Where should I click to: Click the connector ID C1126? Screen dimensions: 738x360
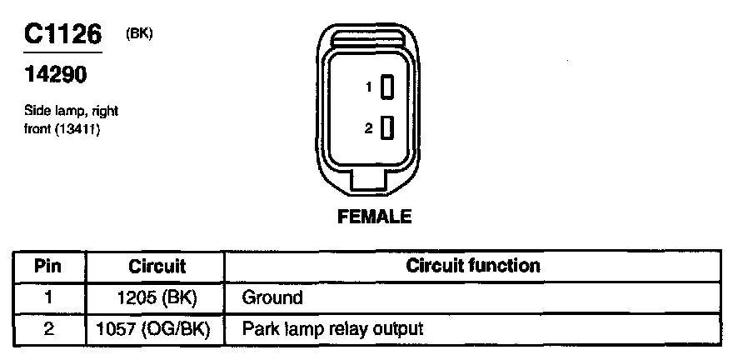pos(63,35)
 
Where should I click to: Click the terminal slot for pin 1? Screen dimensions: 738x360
pos(386,87)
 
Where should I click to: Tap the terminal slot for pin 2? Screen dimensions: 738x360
pos(386,128)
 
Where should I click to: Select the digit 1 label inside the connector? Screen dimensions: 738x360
pos(367,87)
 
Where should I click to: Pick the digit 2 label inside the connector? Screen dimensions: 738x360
pos(367,128)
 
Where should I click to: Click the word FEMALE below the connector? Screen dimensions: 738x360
pos(375,217)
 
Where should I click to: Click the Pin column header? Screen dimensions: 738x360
pos(48,267)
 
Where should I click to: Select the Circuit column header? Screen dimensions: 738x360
pos(157,267)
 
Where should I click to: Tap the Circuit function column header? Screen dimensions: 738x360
pos(473,267)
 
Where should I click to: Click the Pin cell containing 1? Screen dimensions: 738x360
pos(48,297)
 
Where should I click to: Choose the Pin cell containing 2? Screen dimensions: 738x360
pos(48,328)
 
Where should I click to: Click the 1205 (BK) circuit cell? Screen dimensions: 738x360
pos(157,297)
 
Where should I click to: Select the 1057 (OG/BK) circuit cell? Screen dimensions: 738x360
pos(157,328)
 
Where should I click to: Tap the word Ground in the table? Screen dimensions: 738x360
pos(272,297)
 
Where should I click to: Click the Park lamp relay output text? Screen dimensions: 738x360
pos(332,328)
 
